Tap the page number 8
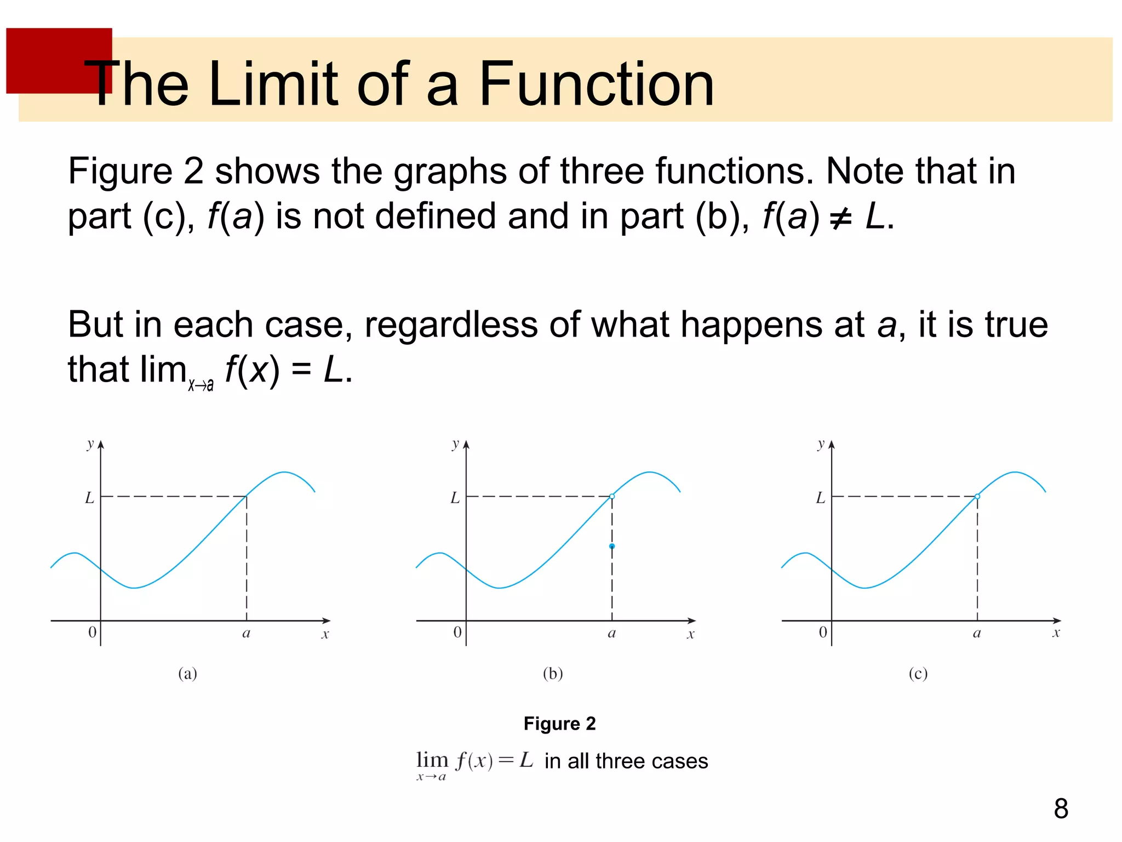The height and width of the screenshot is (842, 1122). tap(1061, 809)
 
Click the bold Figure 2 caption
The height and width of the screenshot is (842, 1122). tap(559, 724)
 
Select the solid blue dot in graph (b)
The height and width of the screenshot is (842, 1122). tap(612, 546)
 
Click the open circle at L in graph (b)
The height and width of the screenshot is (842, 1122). tap(612, 496)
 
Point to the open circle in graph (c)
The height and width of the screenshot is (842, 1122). tap(977, 496)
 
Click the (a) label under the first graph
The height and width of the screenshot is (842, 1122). tap(187, 673)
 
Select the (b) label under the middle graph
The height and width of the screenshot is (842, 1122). tap(553, 673)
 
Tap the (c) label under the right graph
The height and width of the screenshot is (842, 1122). tap(918, 673)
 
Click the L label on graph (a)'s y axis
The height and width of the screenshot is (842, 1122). tap(89, 498)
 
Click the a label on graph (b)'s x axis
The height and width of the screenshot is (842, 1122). tap(612, 634)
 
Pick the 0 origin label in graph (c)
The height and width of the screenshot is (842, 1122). tap(822, 633)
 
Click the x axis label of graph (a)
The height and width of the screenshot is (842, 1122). tap(325, 635)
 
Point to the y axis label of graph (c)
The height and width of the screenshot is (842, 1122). tap(820, 443)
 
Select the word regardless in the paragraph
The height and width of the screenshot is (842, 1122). tap(451, 325)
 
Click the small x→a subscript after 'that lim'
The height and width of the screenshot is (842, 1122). tap(201, 385)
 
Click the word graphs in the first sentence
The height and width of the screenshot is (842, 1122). tap(450, 171)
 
